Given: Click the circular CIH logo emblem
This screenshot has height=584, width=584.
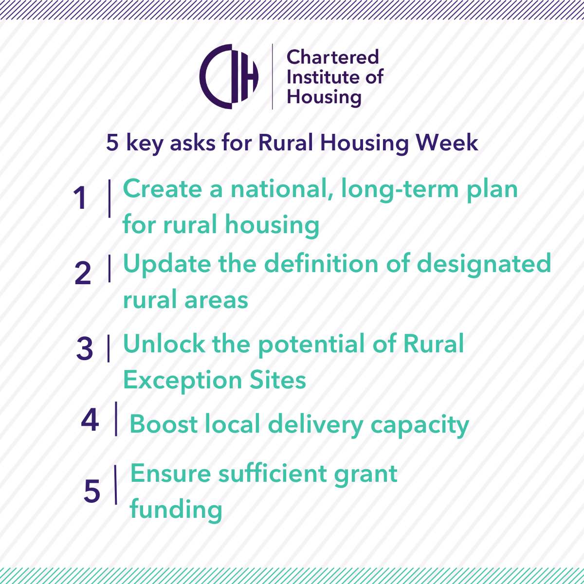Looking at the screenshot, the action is [x=229, y=76].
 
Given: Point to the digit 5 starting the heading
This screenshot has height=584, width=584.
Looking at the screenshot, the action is [x=112, y=143].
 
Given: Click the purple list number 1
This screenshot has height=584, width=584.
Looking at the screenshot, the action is [x=80, y=198].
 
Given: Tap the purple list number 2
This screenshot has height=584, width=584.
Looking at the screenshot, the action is [x=83, y=274].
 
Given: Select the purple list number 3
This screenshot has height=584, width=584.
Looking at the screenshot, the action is [x=84, y=348].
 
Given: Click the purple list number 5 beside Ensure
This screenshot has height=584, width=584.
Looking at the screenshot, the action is [x=92, y=491].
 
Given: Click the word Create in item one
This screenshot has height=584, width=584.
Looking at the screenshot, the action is [x=163, y=188].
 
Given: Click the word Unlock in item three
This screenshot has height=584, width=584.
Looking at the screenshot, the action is [x=164, y=344].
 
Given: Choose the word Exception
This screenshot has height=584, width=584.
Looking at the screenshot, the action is [x=182, y=381].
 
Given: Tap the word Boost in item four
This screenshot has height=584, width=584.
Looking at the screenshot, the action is [x=164, y=424].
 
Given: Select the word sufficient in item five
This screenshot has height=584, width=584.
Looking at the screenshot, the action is [x=273, y=473].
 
